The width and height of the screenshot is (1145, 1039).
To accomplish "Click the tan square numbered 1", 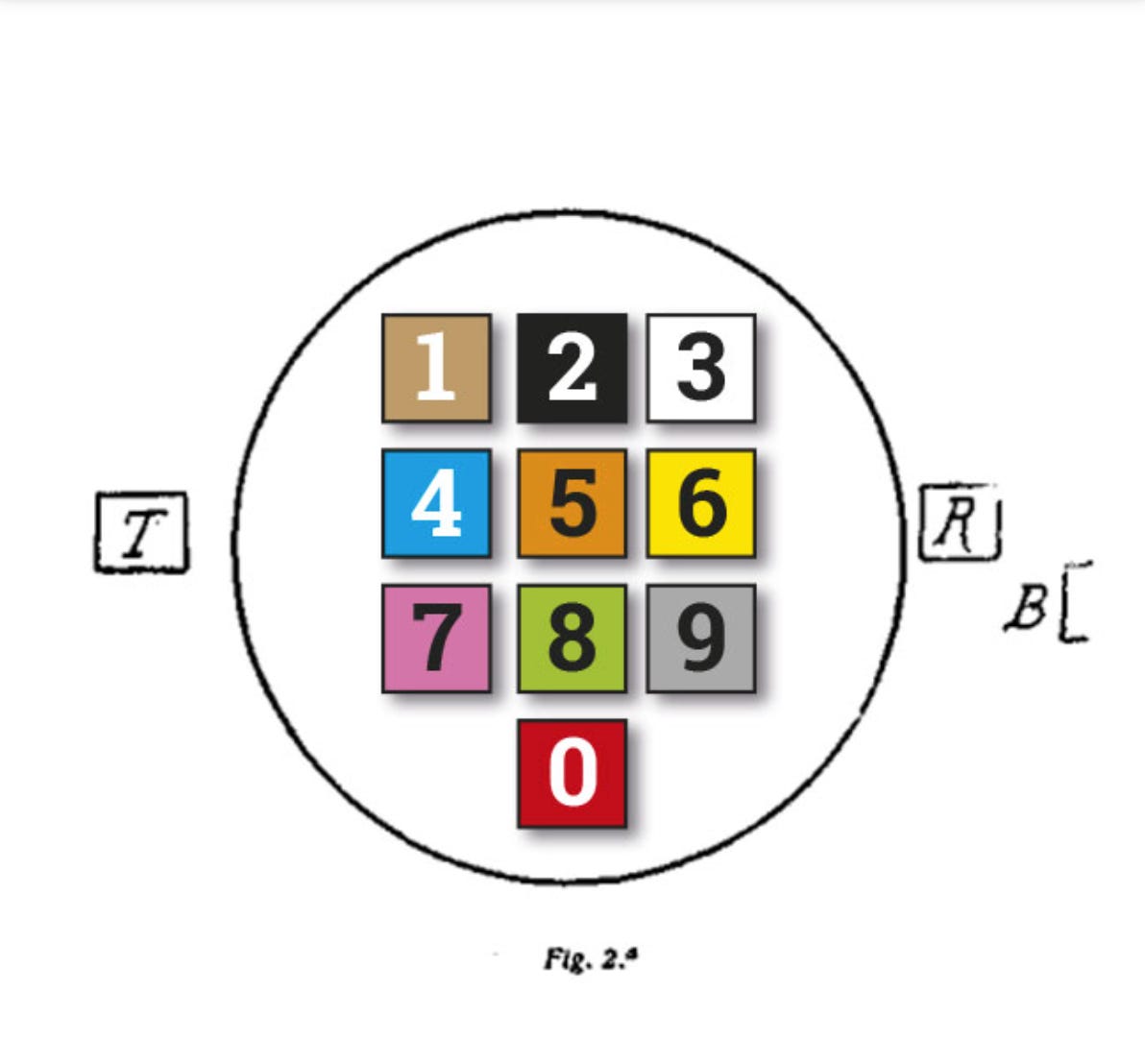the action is (436, 369).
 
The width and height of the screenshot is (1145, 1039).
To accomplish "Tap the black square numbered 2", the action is (572, 369).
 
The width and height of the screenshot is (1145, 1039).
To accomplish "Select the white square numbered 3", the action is (701, 369).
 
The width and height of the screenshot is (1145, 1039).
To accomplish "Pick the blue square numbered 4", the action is (436, 503).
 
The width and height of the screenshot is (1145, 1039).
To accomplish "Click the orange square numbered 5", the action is (572, 503).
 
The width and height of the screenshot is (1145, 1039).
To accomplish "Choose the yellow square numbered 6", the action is (701, 503).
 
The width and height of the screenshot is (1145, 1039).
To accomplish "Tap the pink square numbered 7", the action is (436, 639).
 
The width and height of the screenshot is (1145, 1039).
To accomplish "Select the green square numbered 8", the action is (572, 639).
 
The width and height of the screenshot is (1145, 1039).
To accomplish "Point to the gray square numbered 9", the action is (701, 639).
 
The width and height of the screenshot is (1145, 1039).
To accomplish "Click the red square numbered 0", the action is (572, 773).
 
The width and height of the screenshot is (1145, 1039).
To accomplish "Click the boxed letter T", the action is (141, 533).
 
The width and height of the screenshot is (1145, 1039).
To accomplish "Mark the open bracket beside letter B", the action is (1075, 602).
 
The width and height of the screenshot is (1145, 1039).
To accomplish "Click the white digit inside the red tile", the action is (572, 774).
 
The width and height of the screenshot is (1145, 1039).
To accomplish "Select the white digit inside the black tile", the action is (572, 370).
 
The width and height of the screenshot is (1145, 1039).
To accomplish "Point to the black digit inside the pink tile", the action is (436, 640).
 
